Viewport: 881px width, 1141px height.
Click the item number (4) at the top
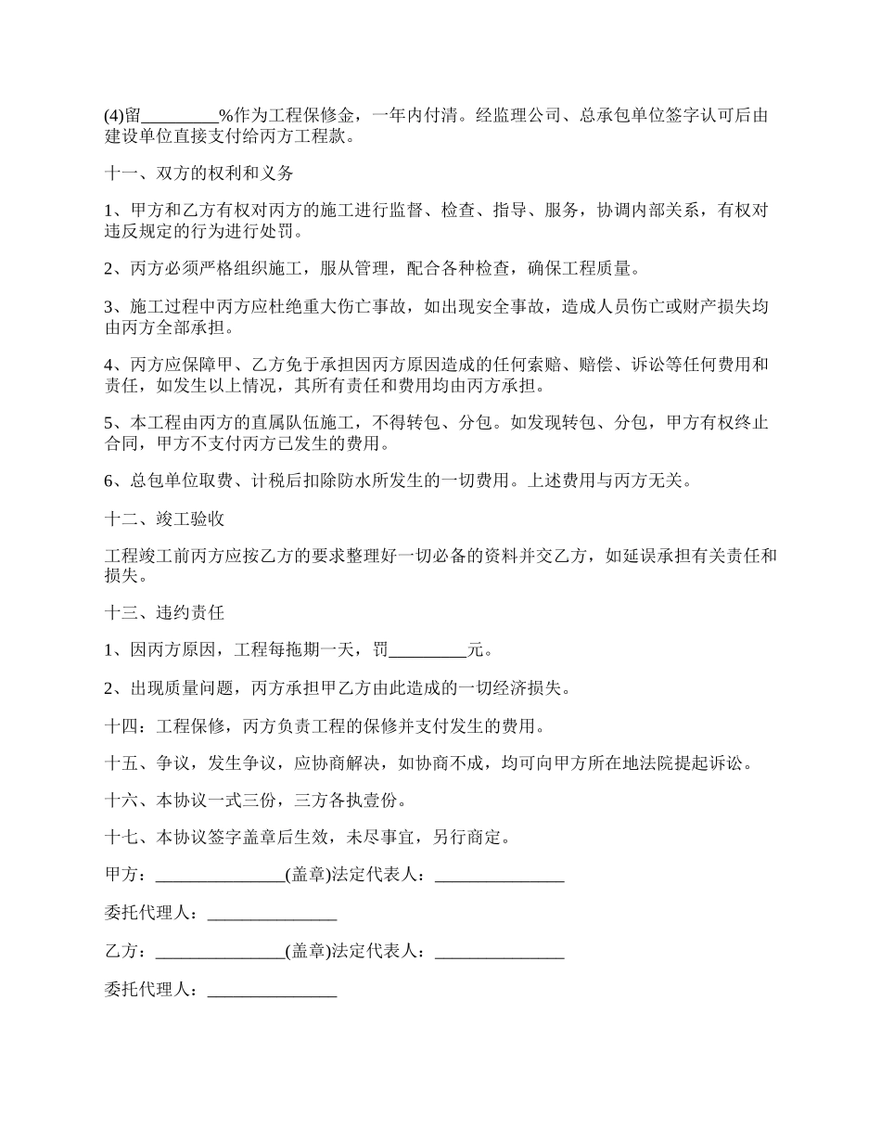(113, 117)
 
